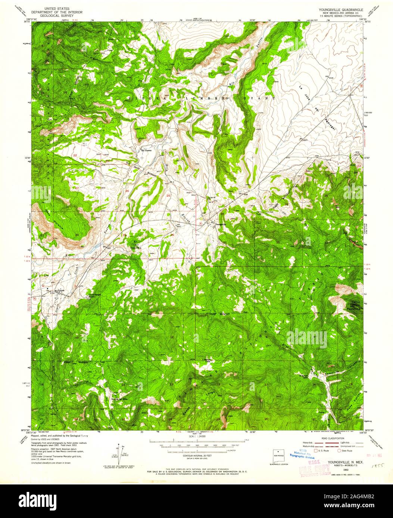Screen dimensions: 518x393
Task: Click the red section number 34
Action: pyautogui.click(x=77, y=235)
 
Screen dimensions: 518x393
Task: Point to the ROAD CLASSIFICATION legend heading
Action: pyautogui.click(x=324, y=439)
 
